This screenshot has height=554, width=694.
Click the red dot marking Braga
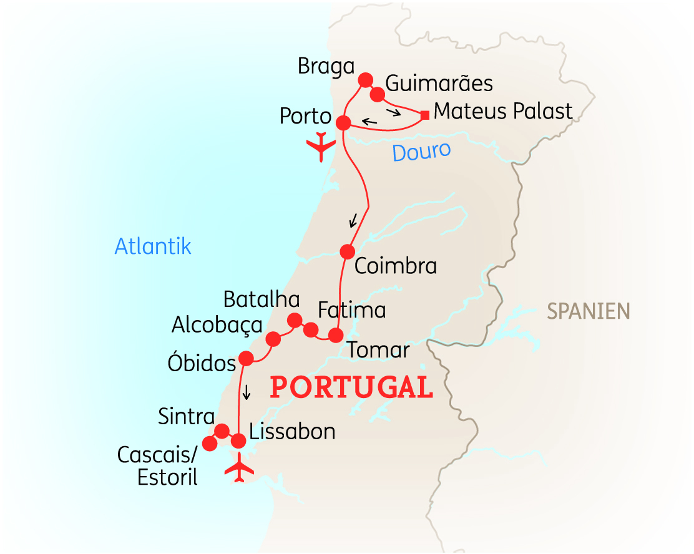click(x=365, y=80)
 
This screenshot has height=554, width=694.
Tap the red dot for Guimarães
click(x=378, y=95)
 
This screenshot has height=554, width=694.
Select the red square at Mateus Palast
click(x=424, y=115)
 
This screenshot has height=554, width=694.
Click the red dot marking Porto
click(x=343, y=123)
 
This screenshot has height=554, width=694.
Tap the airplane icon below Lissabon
click(x=239, y=469)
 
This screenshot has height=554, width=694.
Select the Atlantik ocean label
click(x=153, y=246)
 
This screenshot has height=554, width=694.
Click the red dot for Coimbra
click(x=347, y=251)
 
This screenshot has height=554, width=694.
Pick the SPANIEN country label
click(x=589, y=310)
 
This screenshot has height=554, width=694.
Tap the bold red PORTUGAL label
click(x=351, y=387)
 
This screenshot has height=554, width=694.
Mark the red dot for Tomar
click(x=336, y=336)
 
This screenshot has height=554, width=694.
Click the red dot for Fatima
click(x=311, y=330)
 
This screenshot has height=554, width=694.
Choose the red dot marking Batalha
click(x=294, y=321)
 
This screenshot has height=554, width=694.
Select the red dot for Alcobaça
click(x=273, y=339)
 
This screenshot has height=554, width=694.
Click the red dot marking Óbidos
click(x=246, y=358)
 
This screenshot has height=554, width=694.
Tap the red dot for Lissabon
click(x=238, y=441)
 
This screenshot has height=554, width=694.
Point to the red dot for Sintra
click(x=222, y=431)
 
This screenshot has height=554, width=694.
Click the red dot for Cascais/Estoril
click(x=209, y=443)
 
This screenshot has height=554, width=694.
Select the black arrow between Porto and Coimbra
click(x=353, y=220)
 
